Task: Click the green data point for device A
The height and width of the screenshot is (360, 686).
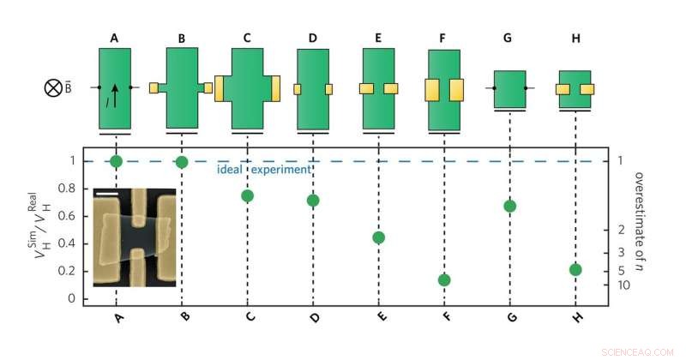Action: [116, 161]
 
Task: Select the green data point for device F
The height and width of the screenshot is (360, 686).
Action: [444, 280]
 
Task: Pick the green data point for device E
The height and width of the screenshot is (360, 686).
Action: [378, 237]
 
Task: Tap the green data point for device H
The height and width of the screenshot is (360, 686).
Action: [575, 270]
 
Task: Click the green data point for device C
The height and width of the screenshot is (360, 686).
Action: [248, 195]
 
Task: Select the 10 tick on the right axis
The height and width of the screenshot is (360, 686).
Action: [623, 285]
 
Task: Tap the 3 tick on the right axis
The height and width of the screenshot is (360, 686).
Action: [623, 252]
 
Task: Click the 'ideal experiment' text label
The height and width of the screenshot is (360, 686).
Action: [262, 170]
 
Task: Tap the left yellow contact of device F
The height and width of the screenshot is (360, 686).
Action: [432, 89]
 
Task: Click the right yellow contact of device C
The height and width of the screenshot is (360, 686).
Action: [276, 87]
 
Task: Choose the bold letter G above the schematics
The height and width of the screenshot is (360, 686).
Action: [509, 38]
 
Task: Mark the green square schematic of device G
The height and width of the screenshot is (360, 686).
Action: [509, 88]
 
